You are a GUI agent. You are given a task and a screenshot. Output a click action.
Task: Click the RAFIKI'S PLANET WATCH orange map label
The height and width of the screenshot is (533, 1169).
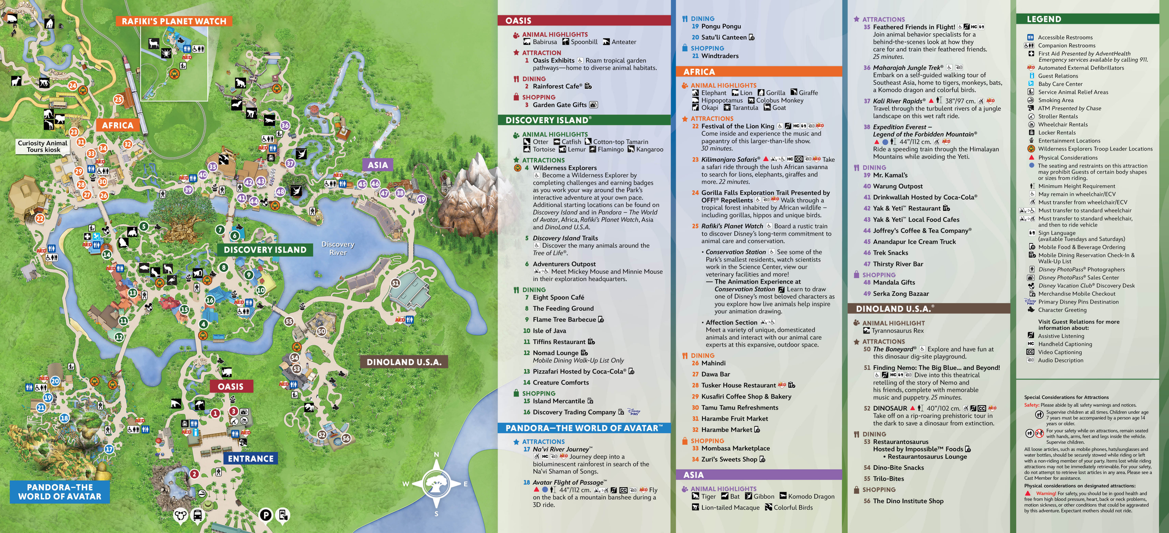tap(174, 21)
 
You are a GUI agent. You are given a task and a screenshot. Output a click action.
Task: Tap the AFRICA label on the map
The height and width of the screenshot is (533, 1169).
tap(117, 125)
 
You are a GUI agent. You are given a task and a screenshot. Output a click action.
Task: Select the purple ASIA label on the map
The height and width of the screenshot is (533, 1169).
tap(377, 165)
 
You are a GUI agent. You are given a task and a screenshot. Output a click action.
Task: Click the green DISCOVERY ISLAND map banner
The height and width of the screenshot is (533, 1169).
tap(265, 250)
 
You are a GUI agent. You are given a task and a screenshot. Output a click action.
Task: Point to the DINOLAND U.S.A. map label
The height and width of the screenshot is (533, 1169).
tap(404, 362)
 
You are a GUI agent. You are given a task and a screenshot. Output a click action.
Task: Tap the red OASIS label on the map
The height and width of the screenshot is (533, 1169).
tap(230, 386)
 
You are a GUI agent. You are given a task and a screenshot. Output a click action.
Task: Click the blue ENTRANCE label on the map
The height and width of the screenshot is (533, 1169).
tap(250, 458)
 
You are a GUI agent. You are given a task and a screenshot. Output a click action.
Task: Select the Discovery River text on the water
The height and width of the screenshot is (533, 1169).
tap(338, 248)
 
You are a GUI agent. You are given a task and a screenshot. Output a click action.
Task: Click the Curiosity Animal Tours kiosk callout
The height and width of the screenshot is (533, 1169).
tap(43, 146)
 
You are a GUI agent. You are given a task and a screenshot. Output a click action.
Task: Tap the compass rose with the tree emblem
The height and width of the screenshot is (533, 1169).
tap(436, 484)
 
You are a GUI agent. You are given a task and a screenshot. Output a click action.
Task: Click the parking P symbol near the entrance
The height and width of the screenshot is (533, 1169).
tap(265, 514)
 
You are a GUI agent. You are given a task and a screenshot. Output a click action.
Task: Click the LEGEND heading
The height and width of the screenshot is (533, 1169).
tap(1044, 19)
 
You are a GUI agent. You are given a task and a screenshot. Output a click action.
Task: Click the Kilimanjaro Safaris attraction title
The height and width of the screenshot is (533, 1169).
tap(730, 159)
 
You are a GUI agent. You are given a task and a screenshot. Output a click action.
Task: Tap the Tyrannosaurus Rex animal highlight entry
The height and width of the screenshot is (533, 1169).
tap(897, 331)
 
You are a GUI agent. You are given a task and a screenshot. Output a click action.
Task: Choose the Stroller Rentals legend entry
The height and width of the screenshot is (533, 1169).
tap(1057, 116)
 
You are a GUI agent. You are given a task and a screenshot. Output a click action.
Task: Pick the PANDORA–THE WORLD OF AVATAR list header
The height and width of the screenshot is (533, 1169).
tap(584, 428)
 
